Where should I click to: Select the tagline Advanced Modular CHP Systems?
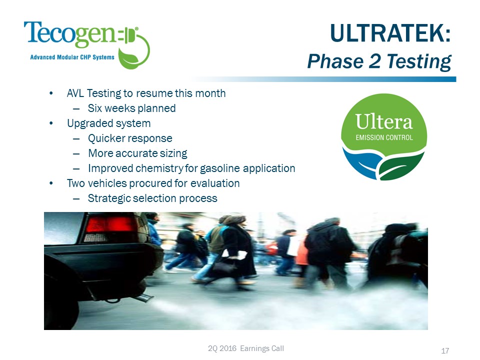click(x=72, y=57)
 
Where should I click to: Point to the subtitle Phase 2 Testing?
click(x=379, y=61)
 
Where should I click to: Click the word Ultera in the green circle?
click(x=384, y=122)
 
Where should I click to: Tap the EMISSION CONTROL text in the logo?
click(x=384, y=138)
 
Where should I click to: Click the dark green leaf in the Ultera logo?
click(x=401, y=166)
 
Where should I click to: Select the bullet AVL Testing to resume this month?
click(x=146, y=93)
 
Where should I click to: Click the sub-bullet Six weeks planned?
click(x=131, y=108)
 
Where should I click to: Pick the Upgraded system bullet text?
click(x=108, y=123)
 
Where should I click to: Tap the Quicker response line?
click(x=130, y=138)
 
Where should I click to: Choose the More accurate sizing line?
click(x=137, y=153)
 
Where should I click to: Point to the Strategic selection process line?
click(x=152, y=198)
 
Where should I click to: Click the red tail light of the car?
click(x=110, y=225)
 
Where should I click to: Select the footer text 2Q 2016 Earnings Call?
click(x=246, y=348)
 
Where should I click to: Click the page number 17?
click(x=445, y=351)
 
